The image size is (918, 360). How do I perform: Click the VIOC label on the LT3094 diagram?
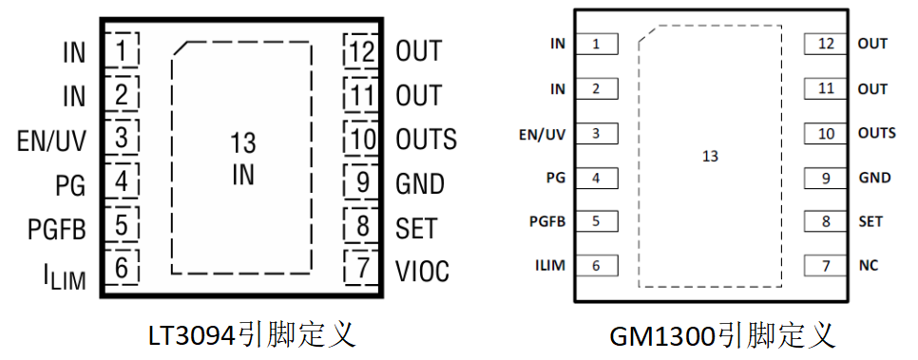tap(422, 271)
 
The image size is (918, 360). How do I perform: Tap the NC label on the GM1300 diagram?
tap(869, 266)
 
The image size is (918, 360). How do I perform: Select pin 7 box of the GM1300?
tap(826, 266)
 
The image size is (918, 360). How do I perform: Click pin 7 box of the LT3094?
tap(362, 268)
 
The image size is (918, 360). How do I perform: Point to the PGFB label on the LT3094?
tap(57, 229)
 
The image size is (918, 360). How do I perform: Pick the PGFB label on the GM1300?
tap(547, 222)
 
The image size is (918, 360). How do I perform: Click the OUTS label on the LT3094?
tap(426, 140)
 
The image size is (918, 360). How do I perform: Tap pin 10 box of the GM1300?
tap(826, 134)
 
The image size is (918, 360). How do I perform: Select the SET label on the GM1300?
tap(870, 222)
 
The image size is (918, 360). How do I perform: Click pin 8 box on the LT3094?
tap(362, 225)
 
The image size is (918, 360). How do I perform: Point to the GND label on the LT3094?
tap(420, 184)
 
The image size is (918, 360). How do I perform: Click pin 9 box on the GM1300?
tap(826, 178)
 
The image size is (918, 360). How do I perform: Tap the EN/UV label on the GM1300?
tap(542, 134)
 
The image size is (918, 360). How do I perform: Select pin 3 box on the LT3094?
tap(122, 138)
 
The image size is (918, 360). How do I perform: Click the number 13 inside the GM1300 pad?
tap(710, 157)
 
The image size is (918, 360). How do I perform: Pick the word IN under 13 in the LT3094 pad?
tap(243, 175)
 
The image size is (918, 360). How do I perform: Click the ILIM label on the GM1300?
tap(549, 265)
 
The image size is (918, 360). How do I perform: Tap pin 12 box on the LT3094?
tap(362, 51)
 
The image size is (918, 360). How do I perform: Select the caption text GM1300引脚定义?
tap(722, 337)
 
